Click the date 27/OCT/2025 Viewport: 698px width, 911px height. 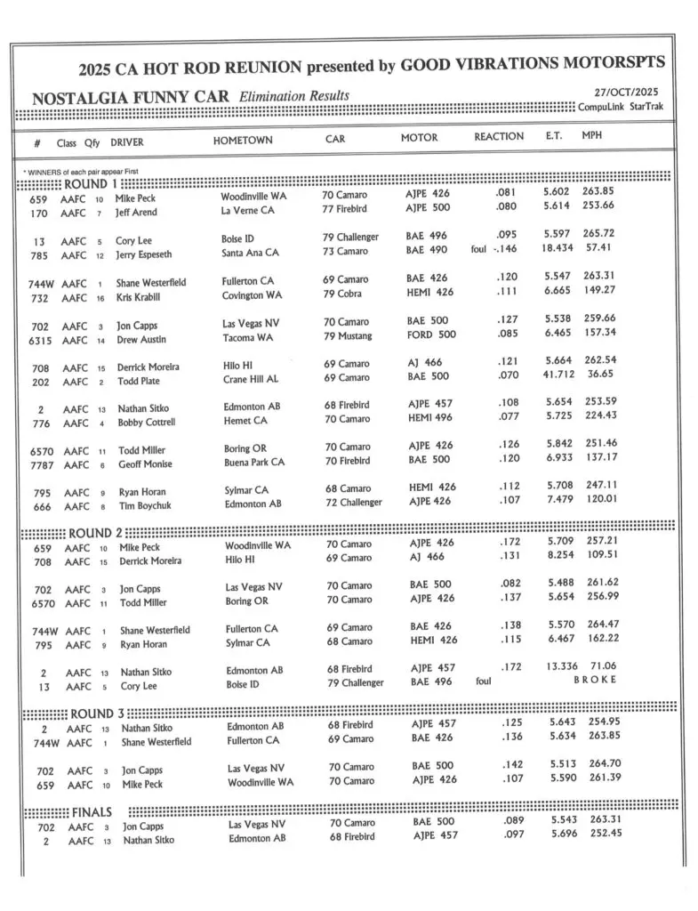(626, 92)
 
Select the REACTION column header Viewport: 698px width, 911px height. (499, 138)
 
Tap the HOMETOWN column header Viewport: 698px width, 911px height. (243, 141)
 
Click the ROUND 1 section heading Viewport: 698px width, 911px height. (90, 183)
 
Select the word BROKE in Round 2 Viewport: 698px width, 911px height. (595, 681)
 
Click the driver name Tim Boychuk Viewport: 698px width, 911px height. (148, 506)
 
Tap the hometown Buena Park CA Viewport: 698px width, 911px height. (254, 462)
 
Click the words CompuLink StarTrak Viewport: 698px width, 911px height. (620, 107)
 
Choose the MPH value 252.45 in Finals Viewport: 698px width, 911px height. (599, 834)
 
